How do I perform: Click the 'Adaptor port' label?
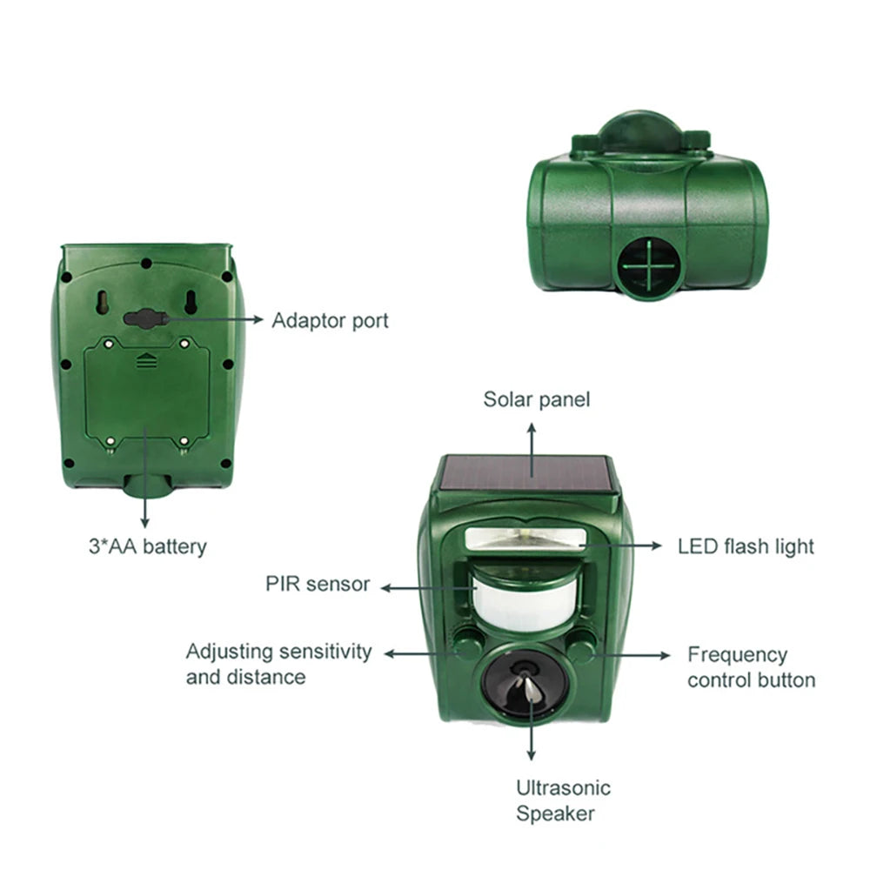[x=330, y=320]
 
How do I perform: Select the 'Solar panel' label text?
[x=537, y=399]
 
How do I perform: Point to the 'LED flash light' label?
[x=746, y=546]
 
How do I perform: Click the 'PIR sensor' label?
[x=318, y=584]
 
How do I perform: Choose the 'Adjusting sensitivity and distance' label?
[x=278, y=664]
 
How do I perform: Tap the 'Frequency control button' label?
[x=751, y=667]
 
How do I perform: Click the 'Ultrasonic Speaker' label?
[x=563, y=801]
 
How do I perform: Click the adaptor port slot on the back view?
[x=145, y=319]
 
